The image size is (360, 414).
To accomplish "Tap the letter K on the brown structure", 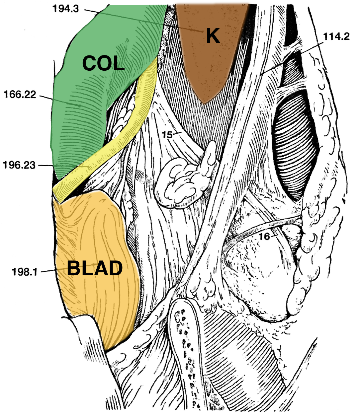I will [213, 36].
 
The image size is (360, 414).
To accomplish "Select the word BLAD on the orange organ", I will [95, 269].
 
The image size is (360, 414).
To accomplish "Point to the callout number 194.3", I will [65, 9].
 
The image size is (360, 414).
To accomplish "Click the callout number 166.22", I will [20, 95].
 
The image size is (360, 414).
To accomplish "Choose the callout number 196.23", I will [19, 165].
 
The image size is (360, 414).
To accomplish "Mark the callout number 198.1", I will [25, 272].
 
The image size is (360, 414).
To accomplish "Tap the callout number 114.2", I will [336, 36].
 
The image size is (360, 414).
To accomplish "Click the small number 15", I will [167, 135].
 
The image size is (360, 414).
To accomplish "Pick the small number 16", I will [265, 236].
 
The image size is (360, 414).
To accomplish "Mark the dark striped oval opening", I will [296, 146].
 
